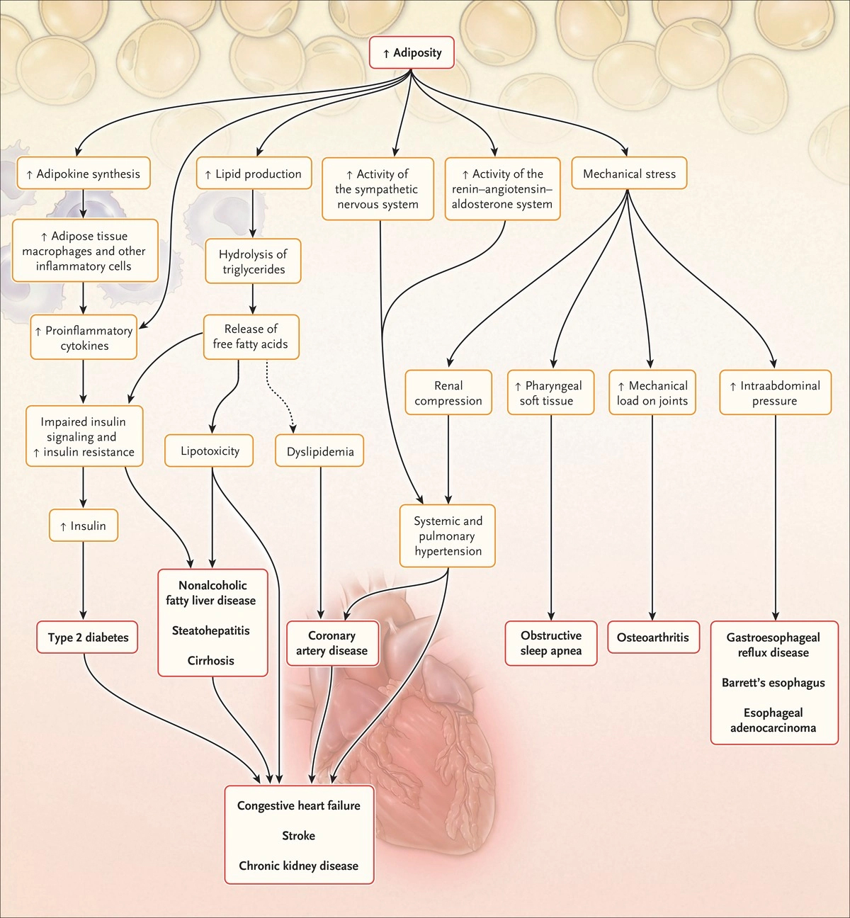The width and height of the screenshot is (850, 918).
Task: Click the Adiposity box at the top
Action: [x=412, y=52]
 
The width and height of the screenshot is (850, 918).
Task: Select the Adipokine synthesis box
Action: [x=84, y=174]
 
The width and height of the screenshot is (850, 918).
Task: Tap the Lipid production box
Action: [x=254, y=174]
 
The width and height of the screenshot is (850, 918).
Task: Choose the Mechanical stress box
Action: [x=629, y=174]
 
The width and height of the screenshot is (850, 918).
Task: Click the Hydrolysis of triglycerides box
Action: [x=253, y=261]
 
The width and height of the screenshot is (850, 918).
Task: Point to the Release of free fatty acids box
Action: [x=251, y=336]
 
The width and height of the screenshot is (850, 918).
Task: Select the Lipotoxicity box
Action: [x=209, y=450]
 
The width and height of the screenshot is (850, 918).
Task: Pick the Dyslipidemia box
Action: [x=319, y=450]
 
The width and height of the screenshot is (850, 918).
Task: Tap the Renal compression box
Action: [x=448, y=392]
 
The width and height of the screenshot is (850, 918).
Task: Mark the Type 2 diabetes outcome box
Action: [x=87, y=637]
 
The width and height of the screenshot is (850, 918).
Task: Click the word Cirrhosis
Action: [x=211, y=661]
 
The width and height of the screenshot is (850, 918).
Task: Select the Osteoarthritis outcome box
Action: [x=653, y=637]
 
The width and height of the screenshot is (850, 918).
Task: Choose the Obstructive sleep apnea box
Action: [x=551, y=643]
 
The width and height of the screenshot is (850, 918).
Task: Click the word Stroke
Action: [x=299, y=836]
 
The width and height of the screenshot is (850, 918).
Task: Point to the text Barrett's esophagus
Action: [x=773, y=683]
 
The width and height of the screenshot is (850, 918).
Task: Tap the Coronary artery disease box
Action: [x=332, y=643]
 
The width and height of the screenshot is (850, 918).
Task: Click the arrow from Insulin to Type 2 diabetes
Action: [x=84, y=581]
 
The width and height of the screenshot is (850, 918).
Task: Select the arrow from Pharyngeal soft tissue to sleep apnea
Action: [x=551, y=518]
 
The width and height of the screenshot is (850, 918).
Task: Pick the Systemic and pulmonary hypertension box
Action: [x=448, y=535]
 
